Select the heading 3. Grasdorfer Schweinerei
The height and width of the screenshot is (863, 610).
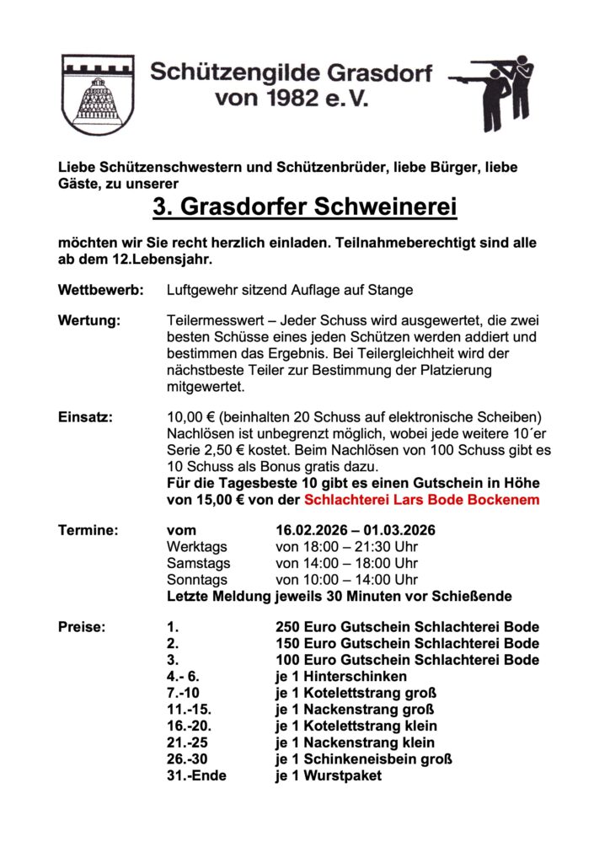pyautogui.click(x=304, y=206)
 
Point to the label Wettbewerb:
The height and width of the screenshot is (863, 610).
pyautogui.click(x=101, y=291)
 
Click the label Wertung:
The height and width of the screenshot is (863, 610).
pyautogui.click(x=89, y=321)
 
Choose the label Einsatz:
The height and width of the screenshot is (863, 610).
pyautogui.click(x=86, y=417)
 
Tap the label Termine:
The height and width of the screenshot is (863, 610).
pyautogui.click(x=88, y=530)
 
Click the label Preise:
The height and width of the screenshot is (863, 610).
pyautogui.click(x=82, y=627)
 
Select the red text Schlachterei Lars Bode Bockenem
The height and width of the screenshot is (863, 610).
pyautogui.click(x=422, y=500)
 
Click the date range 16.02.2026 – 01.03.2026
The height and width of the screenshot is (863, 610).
pyautogui.click(x=356, y=530)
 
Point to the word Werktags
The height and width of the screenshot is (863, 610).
pyautogui.click(x=197, y=547)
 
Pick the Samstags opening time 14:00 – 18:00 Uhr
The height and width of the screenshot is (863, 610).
pyautogui.click(x=347, y=563)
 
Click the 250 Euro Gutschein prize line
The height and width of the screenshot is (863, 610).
pyautogui.click(x=408, y=627)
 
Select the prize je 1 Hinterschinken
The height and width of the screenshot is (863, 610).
pyautogui.click(x=341, y=677)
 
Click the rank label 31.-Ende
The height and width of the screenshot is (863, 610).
pyautogui.click(x=196, y=775)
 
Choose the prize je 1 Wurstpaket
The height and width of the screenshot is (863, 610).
pyautogui.click(x=329, y=775)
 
